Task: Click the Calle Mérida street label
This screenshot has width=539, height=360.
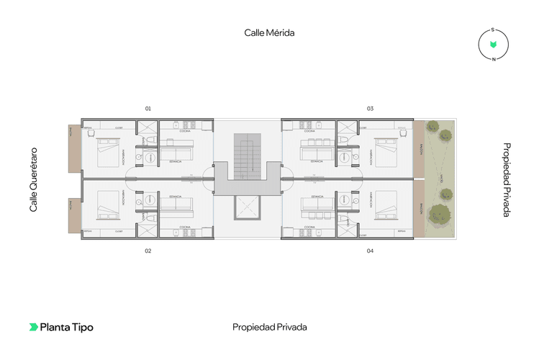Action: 269,32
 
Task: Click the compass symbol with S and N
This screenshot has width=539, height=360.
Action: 493,45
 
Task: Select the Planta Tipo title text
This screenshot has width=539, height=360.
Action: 66,327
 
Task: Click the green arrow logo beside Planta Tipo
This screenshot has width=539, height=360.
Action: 33,327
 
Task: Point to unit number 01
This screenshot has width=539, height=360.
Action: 148,109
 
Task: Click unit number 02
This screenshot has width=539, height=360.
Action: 148,251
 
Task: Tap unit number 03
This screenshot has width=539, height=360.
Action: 370,109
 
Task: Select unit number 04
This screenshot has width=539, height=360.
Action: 370,251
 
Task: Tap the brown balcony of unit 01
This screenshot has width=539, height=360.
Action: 74,148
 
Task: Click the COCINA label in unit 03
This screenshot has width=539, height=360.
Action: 309,132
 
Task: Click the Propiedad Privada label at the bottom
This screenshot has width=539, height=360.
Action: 269,327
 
